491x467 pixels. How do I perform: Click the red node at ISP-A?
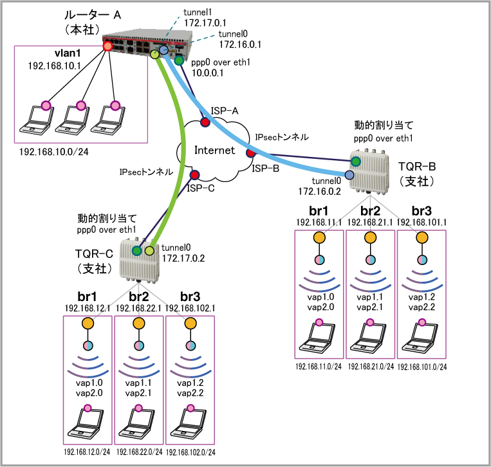[205, 122]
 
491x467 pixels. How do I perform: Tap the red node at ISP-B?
[250, 153]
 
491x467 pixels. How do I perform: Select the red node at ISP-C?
[194, 175]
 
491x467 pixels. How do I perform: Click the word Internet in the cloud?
[214, 151]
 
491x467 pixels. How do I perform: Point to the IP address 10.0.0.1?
[207, 73]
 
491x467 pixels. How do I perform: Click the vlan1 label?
[68, 53]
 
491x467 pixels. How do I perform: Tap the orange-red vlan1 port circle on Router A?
[107, 47]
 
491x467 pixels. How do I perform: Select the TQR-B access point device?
[369, 172]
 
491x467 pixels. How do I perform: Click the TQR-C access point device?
[140, 260]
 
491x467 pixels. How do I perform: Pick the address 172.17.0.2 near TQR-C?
[183, 258]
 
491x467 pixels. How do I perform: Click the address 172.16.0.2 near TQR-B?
[319, 191]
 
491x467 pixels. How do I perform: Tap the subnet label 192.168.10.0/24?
[54, 152]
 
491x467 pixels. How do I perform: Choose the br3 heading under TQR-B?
[422, 211]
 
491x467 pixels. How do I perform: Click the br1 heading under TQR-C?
[87, 297]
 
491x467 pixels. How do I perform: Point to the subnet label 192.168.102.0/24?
[190, 452]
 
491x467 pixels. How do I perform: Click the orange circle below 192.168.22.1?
[139, 324]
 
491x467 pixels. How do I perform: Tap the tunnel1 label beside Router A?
[198, 12]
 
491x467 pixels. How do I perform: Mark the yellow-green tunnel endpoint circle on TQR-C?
[149, 251]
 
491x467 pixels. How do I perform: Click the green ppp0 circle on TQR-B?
[355, 161]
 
